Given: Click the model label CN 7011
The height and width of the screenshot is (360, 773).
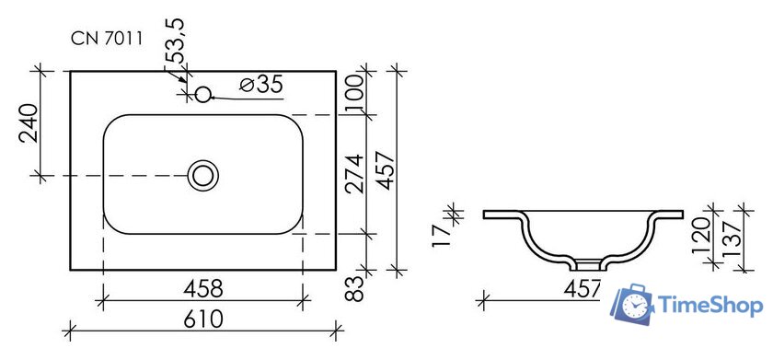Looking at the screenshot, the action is point(107,39).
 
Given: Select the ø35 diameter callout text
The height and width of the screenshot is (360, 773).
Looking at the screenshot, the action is point(261,85).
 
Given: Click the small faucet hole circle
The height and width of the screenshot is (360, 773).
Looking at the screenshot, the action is point(202,94).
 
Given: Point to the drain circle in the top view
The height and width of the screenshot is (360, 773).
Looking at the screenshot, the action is point(202,176).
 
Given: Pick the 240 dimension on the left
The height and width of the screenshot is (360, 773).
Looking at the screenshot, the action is point(29,122).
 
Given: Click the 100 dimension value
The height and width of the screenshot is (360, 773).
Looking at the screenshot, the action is point(355,93).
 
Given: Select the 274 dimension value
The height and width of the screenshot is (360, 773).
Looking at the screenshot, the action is point(355,174).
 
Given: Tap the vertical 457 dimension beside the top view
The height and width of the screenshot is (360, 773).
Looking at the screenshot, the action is point(386,170).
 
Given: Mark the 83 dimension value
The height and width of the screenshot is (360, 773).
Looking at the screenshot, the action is point(355,288).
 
